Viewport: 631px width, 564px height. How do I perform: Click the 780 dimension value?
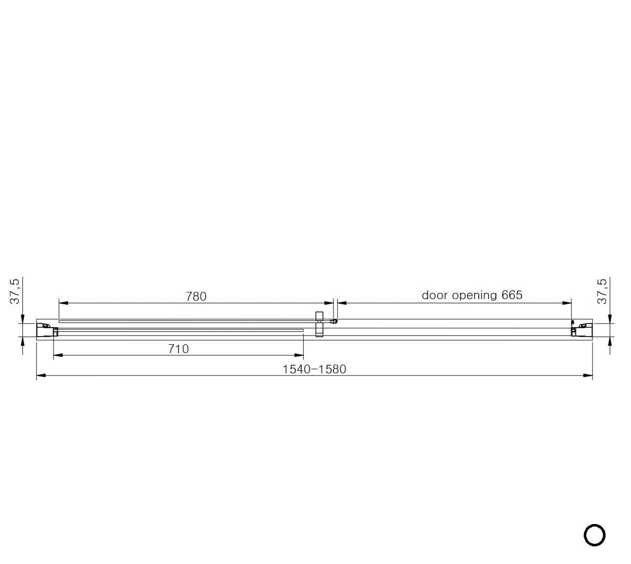coord(196,297)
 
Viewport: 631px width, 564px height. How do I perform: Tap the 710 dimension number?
coord(179,349)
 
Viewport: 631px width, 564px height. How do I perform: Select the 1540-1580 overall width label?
coord(314,369)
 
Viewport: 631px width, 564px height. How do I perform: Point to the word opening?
coord(474,296)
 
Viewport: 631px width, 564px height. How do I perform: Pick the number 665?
coord(512,295)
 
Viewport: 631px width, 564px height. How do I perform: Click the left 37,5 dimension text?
coord(15,291)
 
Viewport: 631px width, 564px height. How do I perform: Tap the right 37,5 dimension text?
coord(602,291)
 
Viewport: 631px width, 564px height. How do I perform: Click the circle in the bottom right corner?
coord(594,535)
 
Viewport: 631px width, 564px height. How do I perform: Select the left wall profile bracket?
coord(47,330)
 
